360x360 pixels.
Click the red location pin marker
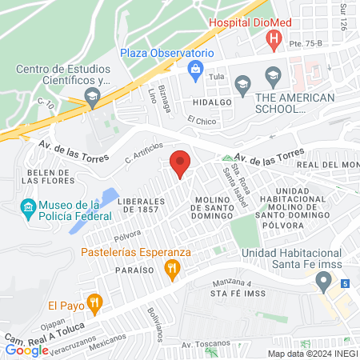[x=180, y=163]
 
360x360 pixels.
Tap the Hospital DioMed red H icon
[x=274, y=38]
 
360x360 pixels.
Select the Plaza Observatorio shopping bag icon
[x=194, y=70]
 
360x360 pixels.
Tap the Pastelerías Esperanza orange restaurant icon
[x=170, y=270]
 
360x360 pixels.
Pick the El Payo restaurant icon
[x=94, y=303]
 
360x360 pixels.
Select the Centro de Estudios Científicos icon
[x=92, y=98]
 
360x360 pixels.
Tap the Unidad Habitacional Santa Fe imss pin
[x=323, y=281]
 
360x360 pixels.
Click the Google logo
[x=26, y=350]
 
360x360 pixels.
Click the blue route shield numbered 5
[x=344, y=284]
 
